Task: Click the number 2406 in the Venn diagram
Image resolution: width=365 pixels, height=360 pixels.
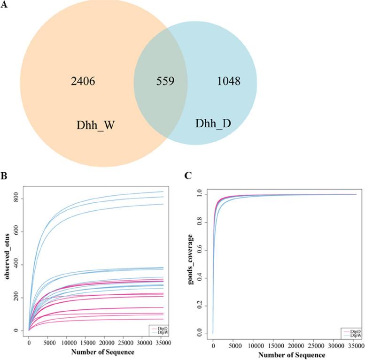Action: point(83,82)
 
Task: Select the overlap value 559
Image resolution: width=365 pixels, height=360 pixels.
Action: point(166,82)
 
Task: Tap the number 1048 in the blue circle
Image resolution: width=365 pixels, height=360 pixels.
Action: point(229,82)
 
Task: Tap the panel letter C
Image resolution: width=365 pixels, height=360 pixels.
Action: point(188,176)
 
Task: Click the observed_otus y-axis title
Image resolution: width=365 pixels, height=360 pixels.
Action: point(8,259)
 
